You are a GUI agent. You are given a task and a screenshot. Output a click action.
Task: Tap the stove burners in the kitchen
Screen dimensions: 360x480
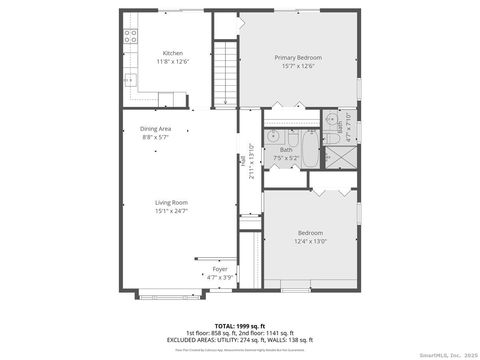click(x=129, y=38)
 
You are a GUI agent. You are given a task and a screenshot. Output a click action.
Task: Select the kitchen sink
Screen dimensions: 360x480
click(x=128, y=79)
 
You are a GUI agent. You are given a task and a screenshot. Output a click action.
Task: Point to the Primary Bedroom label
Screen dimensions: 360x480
click(x=299, y=58)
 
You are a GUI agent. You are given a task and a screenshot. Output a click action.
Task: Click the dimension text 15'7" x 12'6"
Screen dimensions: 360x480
click(x=299, y=67)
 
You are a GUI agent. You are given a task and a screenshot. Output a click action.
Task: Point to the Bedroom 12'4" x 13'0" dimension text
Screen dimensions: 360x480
click(x=310, y=241)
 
